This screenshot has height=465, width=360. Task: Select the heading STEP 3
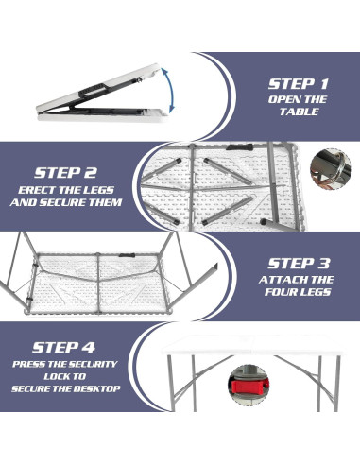(298, 263)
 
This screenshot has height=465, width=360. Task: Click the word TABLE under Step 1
(299, 112)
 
